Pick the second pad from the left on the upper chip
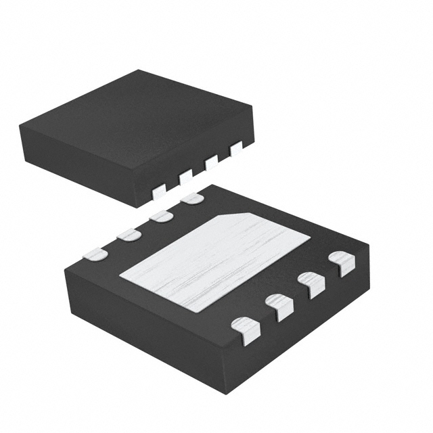click(185, 177)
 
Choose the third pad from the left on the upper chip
click(211, 162)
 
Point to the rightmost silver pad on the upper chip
click(235, 148)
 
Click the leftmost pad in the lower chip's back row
click(95, 254)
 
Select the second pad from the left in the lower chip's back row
click(128, 235)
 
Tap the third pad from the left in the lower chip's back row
click(161, 216)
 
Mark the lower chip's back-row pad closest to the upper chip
click(192, 198)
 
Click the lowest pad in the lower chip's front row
click(246, 331)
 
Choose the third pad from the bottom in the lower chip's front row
click(311, 285)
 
